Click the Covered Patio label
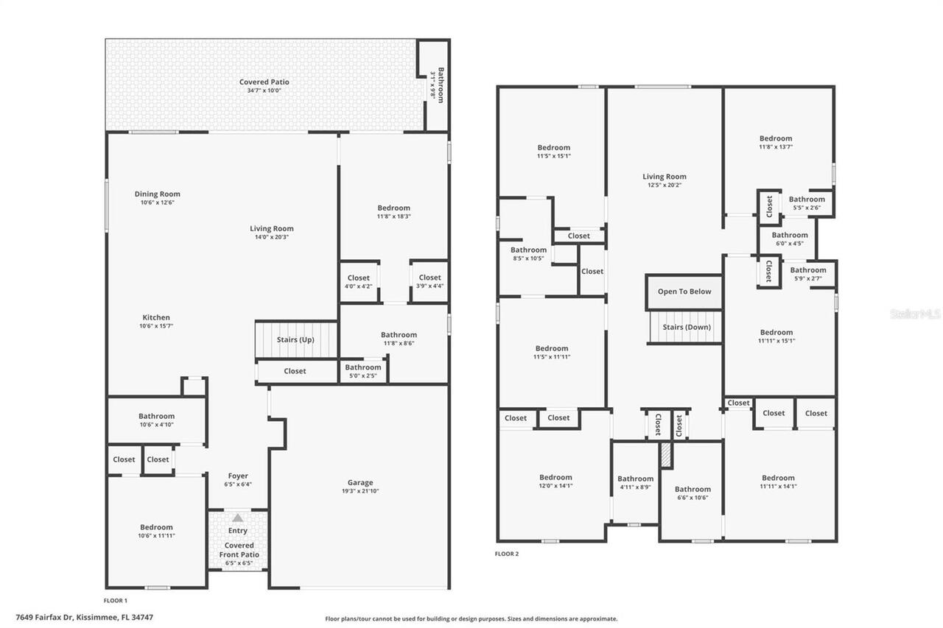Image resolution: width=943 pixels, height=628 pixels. [264, 82]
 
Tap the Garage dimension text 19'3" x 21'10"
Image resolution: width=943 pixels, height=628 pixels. [360, 491]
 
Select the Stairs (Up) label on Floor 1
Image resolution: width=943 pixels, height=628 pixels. [295, 339]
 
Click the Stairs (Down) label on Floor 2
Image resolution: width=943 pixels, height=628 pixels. [684, 327]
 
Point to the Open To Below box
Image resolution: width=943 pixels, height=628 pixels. [684, 292]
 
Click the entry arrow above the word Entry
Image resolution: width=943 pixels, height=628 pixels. [237, 518]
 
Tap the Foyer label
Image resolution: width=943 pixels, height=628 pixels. [237, 476]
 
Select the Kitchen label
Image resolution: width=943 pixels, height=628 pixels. [156, 317]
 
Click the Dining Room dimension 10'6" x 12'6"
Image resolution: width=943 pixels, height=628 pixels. [157, 202]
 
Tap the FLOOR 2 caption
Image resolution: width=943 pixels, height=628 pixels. [506, 554]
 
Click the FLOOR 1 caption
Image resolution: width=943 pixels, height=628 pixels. [116, 601]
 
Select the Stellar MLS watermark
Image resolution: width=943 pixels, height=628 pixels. [915, 314]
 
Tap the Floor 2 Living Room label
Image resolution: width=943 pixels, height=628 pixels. [664, 177]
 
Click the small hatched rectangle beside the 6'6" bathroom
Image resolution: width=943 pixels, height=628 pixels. [666, 455]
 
